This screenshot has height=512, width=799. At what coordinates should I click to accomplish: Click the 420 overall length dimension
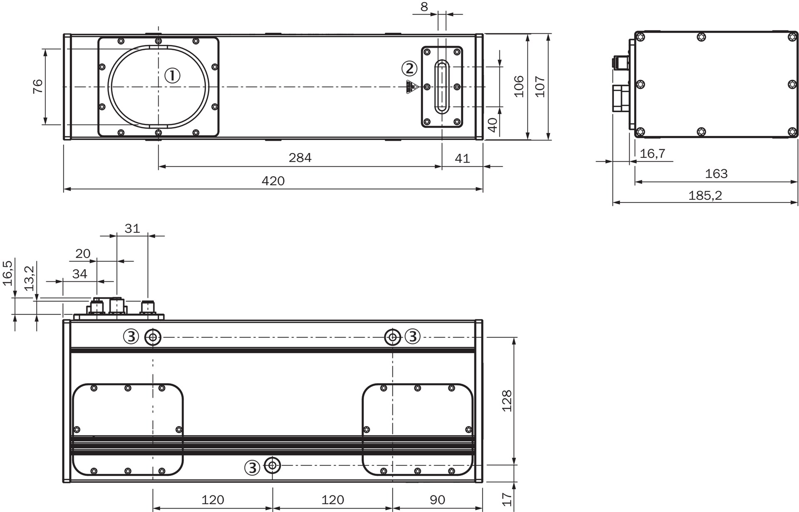(273, 181)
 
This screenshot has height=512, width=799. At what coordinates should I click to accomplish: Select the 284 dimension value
(300, 158)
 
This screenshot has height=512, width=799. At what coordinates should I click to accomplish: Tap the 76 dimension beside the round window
(37, 86)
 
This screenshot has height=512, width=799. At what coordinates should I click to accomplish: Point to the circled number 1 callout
(172, 76)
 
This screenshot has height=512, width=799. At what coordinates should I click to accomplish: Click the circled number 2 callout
(409, 69)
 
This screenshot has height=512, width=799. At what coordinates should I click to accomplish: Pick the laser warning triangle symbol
(412, 87)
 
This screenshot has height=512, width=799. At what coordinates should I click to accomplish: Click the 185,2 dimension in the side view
(705, 195)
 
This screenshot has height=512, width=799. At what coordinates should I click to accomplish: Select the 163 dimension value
(716, 173)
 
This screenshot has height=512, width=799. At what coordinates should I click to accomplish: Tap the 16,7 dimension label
(653, 154)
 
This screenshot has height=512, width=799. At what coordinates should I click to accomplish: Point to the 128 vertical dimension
(507, 401)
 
